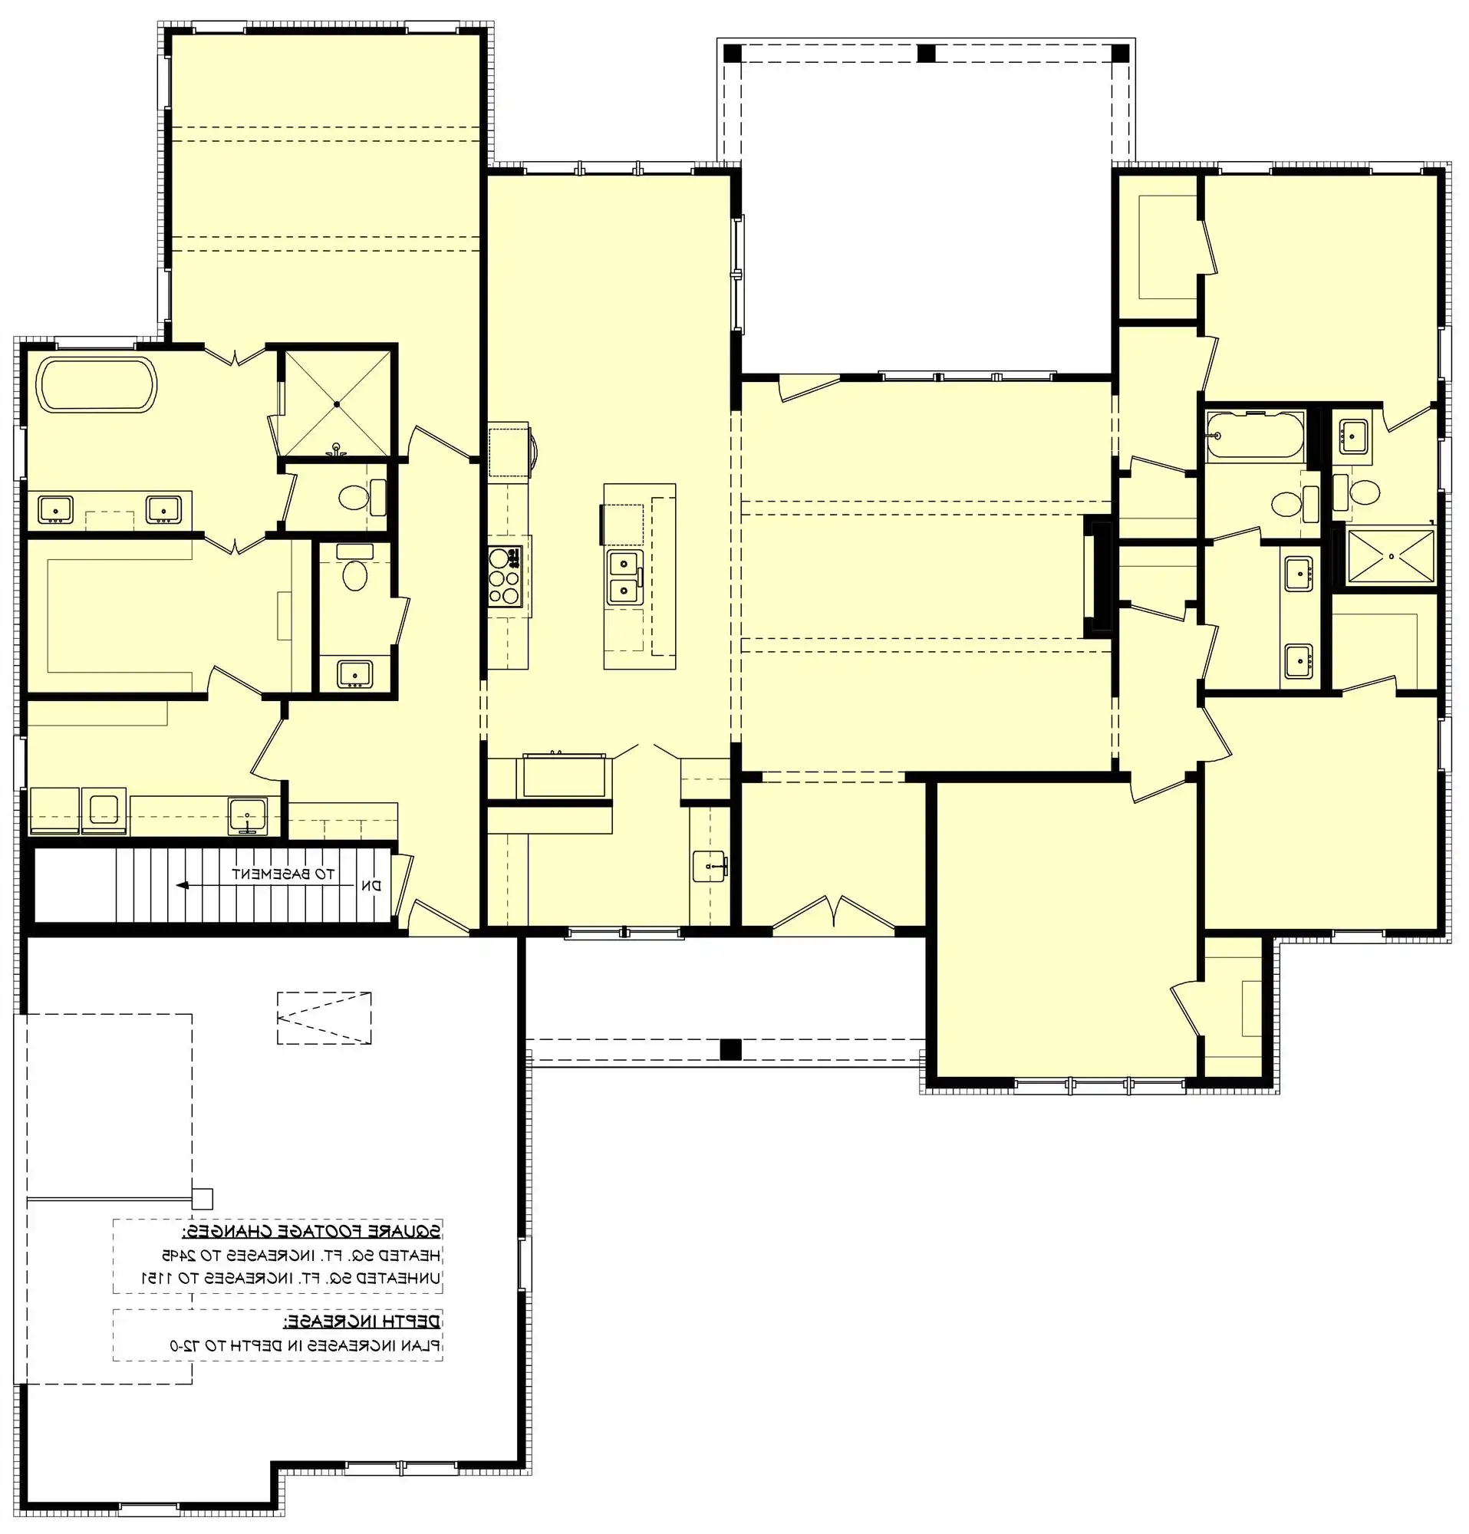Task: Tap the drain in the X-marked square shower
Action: coord(337,404)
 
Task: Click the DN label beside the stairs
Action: coord(372,886)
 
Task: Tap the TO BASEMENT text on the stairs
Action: coord(282,874)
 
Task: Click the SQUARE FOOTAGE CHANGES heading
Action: coord(311,1231)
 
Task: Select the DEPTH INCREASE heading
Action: coord(361,1322)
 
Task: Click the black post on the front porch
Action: coord(730,1048)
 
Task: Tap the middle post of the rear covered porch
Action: coord(926,53)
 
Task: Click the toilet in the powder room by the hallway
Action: coord(354,576)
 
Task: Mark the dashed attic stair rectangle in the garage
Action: coord(323,1018)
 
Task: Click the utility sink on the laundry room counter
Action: coord(247,816)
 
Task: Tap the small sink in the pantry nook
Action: coord(710,867)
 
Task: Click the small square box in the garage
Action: coord(202,1199)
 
